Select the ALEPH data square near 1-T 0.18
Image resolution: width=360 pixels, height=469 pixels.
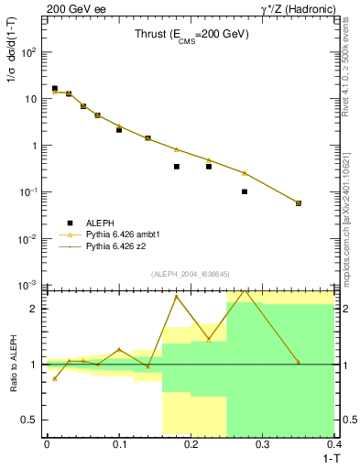tap(177, 167)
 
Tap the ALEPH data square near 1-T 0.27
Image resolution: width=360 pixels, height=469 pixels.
tap(245, 191)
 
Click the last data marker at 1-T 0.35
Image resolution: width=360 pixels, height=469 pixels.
tap(299, 203)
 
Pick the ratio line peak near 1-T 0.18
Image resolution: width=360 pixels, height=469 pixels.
tap(177, 296)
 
